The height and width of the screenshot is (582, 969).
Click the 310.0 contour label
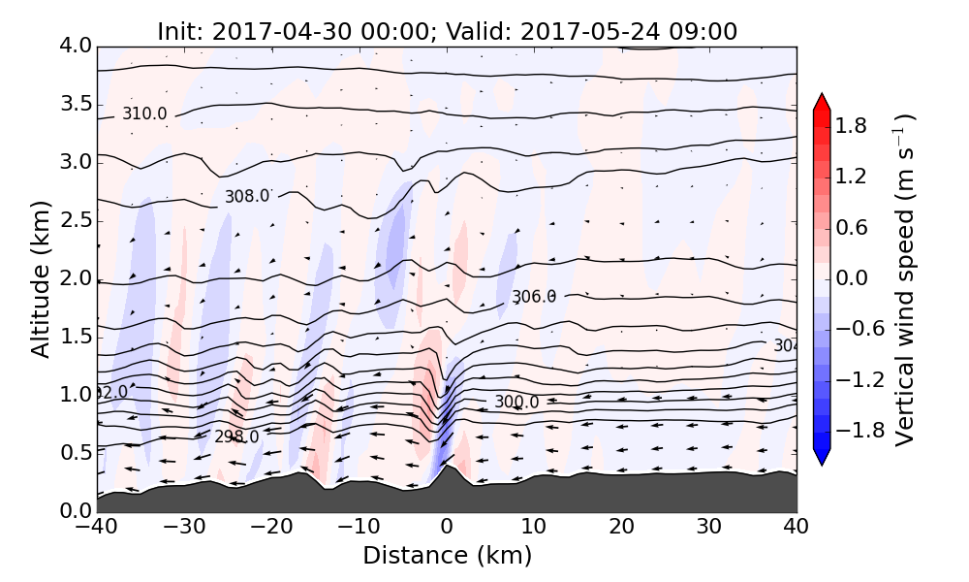point(144,114)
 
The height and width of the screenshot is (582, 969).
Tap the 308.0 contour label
point(247,197)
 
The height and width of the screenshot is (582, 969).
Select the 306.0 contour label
point(534,297)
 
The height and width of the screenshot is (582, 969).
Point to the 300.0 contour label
point(516,402)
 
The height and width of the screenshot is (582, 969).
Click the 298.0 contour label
point(236,436)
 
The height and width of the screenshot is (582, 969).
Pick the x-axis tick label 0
point(447,529)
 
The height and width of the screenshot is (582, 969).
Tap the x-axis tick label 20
point(622,529)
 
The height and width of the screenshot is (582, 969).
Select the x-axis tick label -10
point(359,529)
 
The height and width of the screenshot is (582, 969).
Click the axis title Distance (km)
point(447,556)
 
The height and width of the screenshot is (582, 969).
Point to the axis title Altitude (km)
point(41,278)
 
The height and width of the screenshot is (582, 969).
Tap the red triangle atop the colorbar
point(822,102)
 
